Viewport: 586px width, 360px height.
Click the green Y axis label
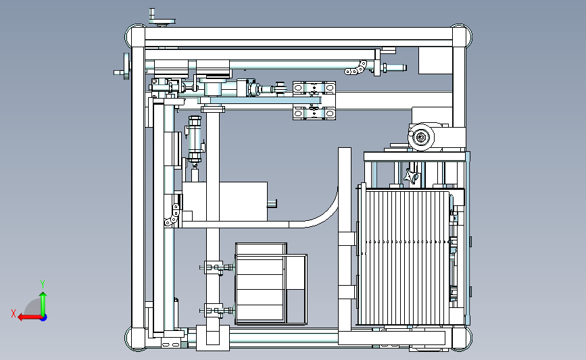point(43,284)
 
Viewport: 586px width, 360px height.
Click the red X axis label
point(14,313)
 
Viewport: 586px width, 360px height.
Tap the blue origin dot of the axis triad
point(44,318)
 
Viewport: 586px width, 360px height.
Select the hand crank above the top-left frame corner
point(161,18)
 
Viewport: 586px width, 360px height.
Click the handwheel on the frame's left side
point(124,66)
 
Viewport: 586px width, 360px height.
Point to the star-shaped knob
point(412,176)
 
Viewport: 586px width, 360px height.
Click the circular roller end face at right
point(421,137)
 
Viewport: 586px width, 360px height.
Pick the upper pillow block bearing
point(314,88)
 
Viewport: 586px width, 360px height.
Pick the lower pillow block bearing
point(314,112)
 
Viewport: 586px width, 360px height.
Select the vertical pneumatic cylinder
point(195,139)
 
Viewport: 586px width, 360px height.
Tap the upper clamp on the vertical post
point(216,267)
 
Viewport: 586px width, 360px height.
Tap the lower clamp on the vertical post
point(216,310)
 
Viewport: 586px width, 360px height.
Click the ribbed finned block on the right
point(404,258)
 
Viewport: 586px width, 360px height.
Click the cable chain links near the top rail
point(356,68)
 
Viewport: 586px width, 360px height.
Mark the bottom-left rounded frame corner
point(135,338)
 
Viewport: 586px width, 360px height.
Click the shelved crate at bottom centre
point(271,284)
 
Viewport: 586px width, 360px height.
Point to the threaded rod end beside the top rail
point(393,68)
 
